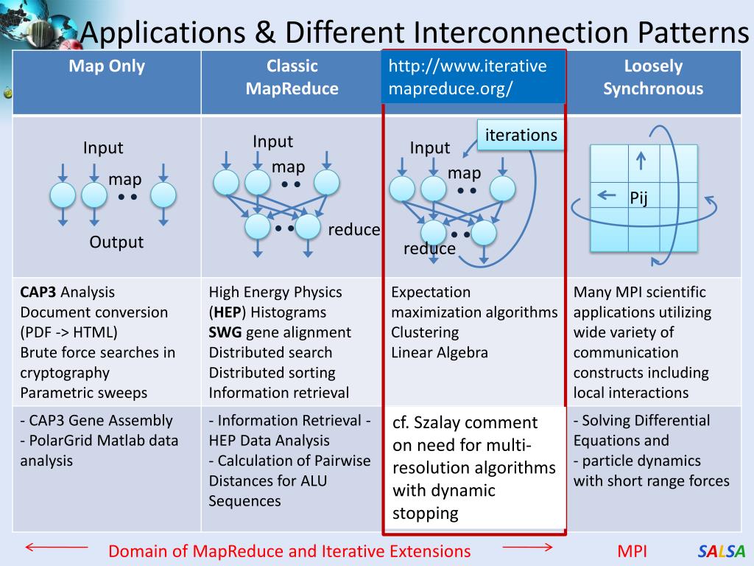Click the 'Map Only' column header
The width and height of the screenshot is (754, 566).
(x=107, y=66)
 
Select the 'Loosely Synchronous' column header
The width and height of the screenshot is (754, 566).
(x=653, y=77)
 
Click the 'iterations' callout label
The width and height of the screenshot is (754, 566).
(x=521, y=135)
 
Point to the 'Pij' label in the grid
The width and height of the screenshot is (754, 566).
(x=638, y=198)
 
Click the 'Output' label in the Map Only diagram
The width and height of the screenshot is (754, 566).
(x=116, y=242)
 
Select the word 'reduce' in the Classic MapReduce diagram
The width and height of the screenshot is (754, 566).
(x=354, y=230)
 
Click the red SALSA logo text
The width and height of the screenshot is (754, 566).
(x=722, y=551)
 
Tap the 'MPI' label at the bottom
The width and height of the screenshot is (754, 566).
(x=632, y=551)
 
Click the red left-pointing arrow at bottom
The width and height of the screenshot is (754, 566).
(x=56, y=547)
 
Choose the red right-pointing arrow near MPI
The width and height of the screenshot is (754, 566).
(x=527, y=547)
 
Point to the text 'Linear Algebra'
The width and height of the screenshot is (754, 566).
(x=440, y=352)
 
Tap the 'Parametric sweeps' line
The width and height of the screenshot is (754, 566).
(x=84, y=393)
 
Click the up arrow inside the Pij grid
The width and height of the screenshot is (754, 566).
(x=641, y=160)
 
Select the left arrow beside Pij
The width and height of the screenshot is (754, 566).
(x=607, y=195)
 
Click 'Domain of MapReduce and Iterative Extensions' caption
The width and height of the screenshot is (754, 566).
(x=289, y=551)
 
